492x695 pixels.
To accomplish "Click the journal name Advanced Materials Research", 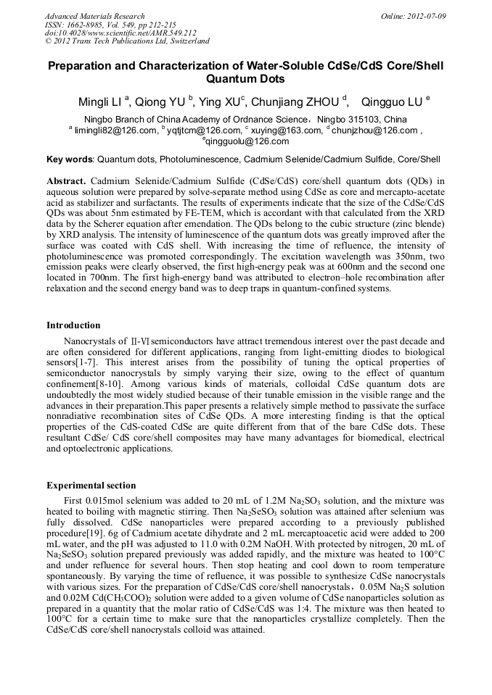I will tap(94, 15).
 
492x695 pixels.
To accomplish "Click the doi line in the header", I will tap(120, 33).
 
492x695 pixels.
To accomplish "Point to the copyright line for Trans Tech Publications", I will tap(127, 41).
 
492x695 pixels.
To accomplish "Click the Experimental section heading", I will tap(91, 485).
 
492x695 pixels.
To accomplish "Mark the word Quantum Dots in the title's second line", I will tap(245, 79).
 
